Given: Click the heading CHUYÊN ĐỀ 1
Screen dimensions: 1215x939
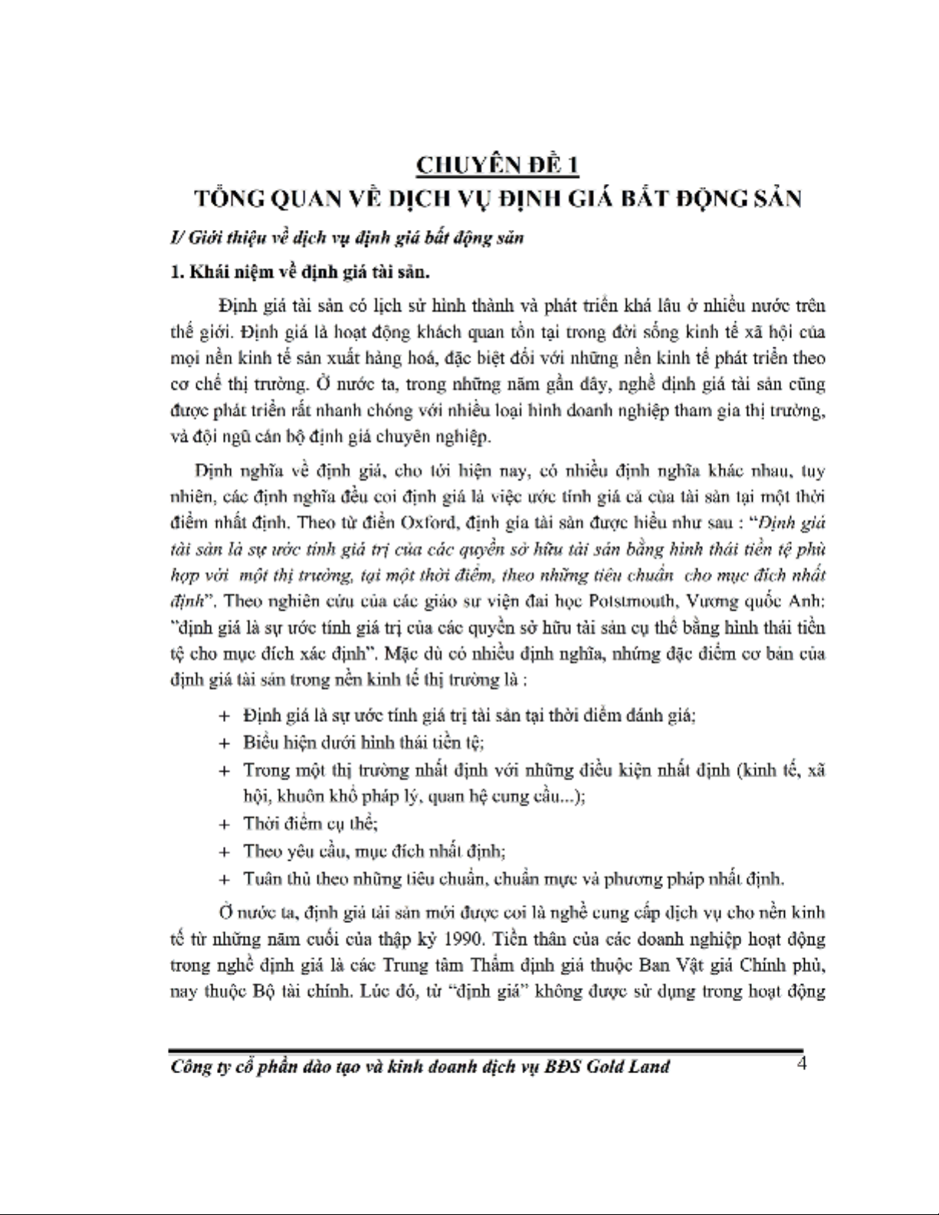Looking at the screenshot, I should (x=497, y=165).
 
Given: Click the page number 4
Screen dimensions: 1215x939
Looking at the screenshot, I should (x=801, y=1063).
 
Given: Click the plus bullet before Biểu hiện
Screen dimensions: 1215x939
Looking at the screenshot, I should (x=225, y=743).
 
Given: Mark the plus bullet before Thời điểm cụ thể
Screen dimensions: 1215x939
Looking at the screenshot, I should (x=225, y=824).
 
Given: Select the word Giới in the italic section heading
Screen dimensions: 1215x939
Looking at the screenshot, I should (x=199, y=238).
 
